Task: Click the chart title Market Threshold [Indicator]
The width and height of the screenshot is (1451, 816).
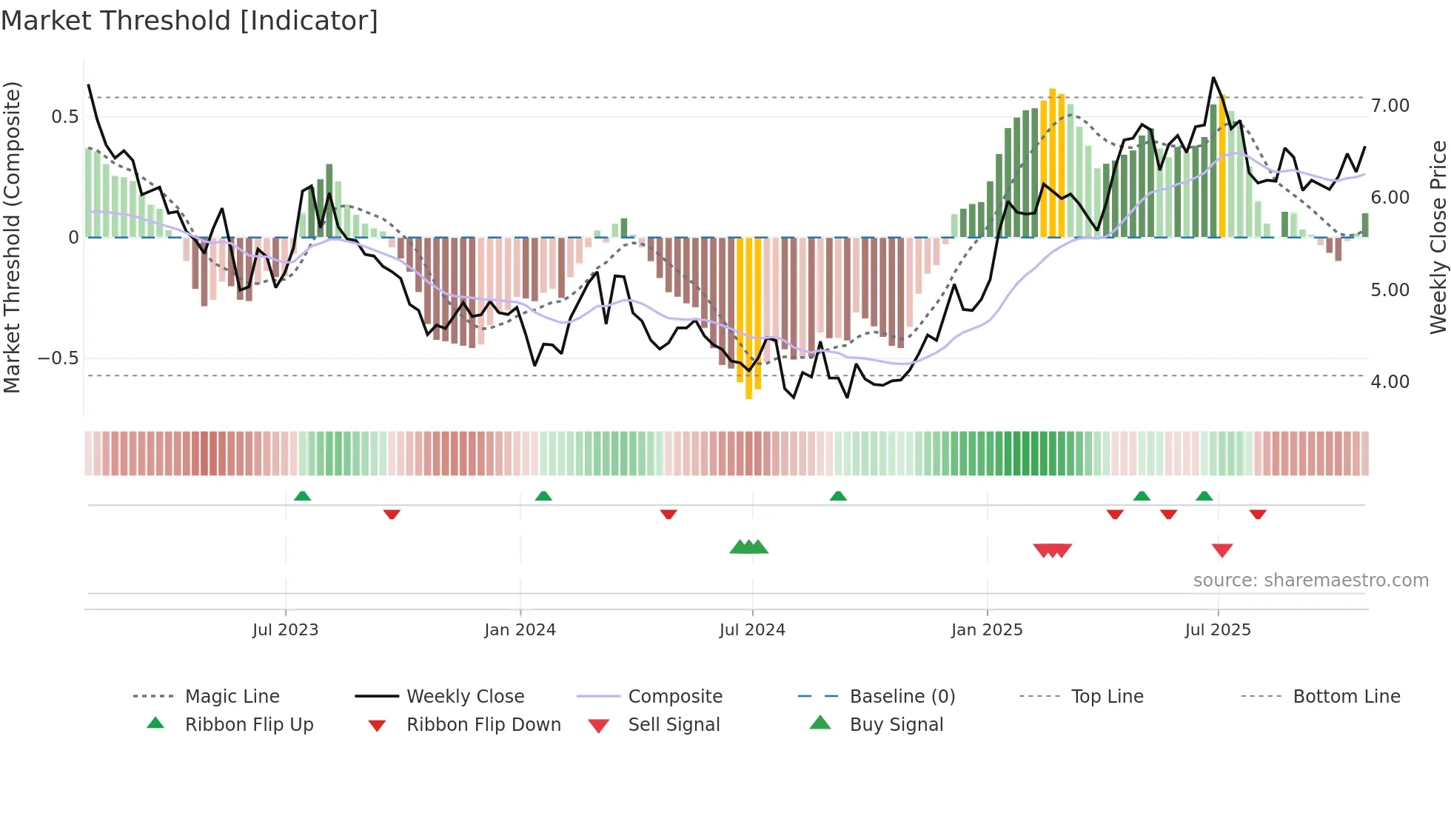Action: tap(190, 21)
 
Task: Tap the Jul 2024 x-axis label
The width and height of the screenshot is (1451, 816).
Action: tap(752, 630)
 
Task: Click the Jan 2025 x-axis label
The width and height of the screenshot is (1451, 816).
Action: tap(987, 630)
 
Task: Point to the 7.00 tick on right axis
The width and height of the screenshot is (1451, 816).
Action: tap(1390, 106)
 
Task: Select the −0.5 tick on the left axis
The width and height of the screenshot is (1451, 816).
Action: tap(58, 358)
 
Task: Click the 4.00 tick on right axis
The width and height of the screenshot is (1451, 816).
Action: tap(1390, 382)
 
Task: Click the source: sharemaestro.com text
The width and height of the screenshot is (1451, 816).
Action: tap(1310, 581)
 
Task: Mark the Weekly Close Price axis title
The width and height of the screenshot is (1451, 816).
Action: tap(1438, 237)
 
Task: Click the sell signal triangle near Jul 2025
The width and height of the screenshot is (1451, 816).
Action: tap(1222, 550)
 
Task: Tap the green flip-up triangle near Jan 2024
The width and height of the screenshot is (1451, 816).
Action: tap(543, 496)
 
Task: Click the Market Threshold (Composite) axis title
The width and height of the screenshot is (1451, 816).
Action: tap(12, 237)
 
